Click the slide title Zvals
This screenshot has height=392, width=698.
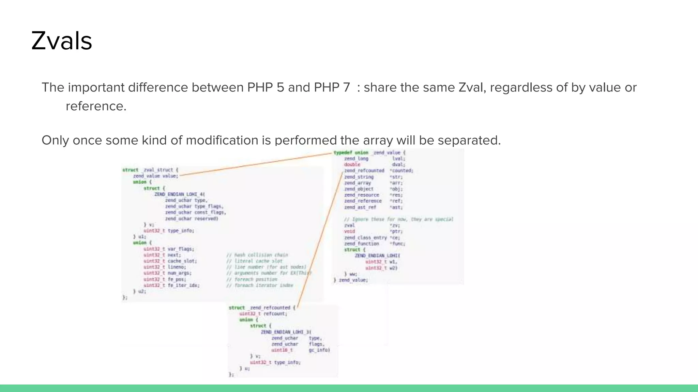[62, 41]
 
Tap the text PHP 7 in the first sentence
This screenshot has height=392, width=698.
[332, 87]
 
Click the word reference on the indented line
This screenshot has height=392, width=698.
[96, 106]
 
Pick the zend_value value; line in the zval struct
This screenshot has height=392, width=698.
[155, 176]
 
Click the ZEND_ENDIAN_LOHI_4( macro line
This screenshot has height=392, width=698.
[180, 194]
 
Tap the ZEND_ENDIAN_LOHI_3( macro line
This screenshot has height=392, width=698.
[286, 332]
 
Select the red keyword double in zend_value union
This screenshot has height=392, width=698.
[352, 165]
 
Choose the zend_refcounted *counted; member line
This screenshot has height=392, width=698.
[378, 171]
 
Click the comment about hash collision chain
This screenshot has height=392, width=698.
[257, 255]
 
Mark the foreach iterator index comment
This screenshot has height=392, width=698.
[259, 285]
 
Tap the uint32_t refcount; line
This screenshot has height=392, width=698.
[263, 314]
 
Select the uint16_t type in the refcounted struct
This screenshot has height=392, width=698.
[282, 350]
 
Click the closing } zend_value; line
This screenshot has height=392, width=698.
[350, 280]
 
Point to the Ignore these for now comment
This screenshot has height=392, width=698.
[398, 219]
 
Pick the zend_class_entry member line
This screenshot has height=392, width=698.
[372, 238]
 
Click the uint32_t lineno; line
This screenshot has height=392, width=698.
[165, 267]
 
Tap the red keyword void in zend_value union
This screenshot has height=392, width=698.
[349, 231]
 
